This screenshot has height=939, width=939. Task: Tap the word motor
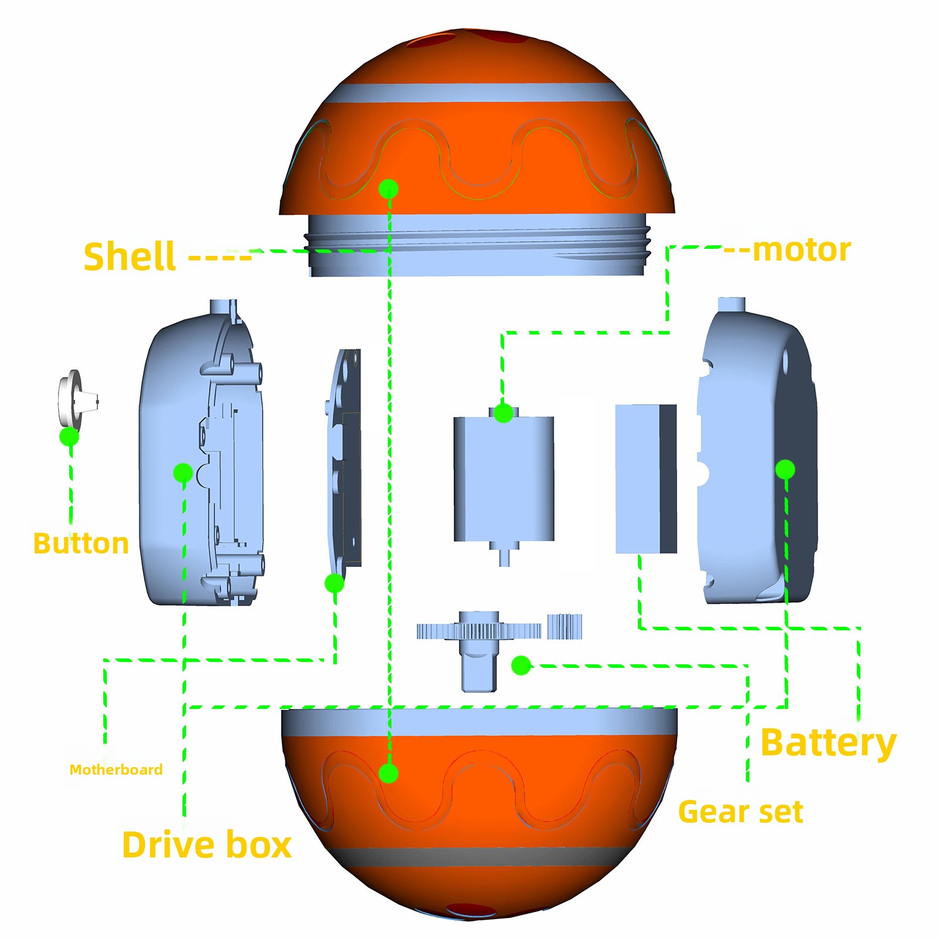coord(801,250)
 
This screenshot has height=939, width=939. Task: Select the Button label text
coord(81,543)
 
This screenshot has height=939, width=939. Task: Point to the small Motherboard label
coord(116,769)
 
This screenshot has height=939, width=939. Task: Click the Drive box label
coord(207,845)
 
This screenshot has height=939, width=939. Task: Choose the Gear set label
coord(740,812)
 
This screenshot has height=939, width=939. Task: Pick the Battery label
coord(828,743)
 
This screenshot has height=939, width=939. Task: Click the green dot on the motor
coord(503,413)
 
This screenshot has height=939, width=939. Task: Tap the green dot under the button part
coord(69,437)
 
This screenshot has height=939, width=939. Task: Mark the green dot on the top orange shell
coord(389,189)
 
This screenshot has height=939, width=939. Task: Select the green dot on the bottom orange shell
coord(388,773)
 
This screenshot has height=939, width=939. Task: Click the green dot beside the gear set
coord(521,665)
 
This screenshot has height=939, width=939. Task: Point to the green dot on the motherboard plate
coord(335,583)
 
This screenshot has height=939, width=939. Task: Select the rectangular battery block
coord(646,478)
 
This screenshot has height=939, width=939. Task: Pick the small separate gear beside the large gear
coord(565,626)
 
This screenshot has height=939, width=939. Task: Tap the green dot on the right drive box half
coord(785,469)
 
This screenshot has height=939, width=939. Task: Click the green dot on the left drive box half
coord(183,472)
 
